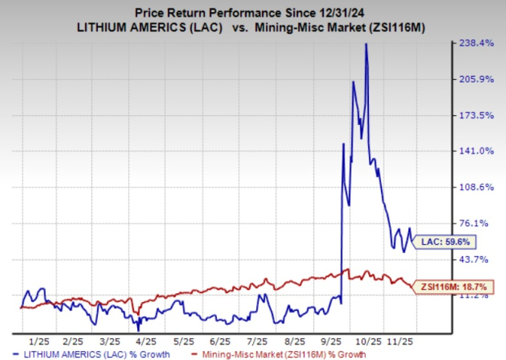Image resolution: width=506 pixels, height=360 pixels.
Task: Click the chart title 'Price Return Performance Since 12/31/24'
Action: point(253,11)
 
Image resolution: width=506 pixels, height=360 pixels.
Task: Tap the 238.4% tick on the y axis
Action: point(478,43)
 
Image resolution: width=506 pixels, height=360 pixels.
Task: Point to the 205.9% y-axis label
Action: point(478,79)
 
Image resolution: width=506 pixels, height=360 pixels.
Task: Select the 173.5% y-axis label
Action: point(478,115)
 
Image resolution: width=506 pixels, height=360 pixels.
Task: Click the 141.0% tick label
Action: point(478,151)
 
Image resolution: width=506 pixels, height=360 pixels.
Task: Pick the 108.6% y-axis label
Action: point(478,187)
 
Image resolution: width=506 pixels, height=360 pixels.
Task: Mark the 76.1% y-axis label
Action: point(478,223)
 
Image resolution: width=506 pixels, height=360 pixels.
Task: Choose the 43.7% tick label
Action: point(478,259)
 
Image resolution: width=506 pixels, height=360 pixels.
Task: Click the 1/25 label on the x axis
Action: point(38,339)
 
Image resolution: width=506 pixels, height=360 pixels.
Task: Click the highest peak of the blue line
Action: point(366,44)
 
